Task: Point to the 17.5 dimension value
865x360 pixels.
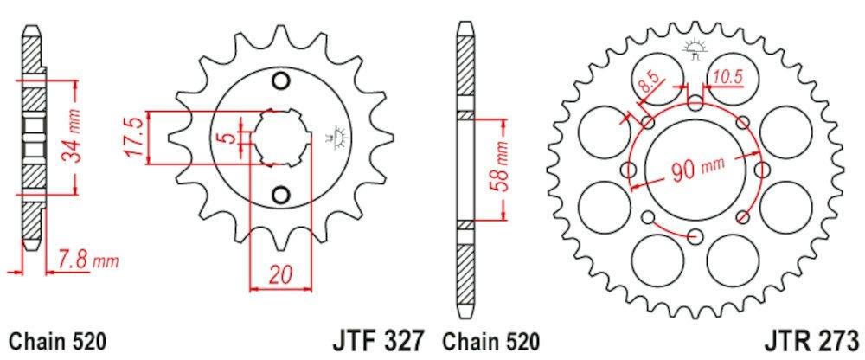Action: [x=134, y=137]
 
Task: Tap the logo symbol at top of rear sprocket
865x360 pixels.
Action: [x=694, y=48]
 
